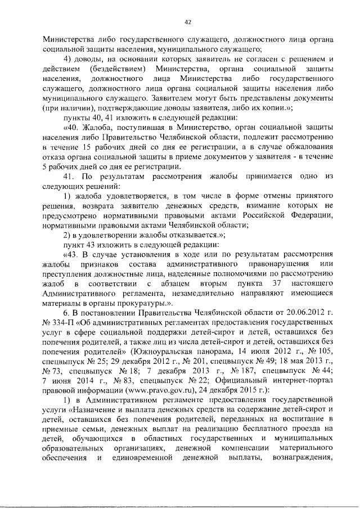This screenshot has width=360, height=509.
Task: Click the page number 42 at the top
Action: click(188, 22)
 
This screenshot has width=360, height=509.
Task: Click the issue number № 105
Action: click(313, 350)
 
